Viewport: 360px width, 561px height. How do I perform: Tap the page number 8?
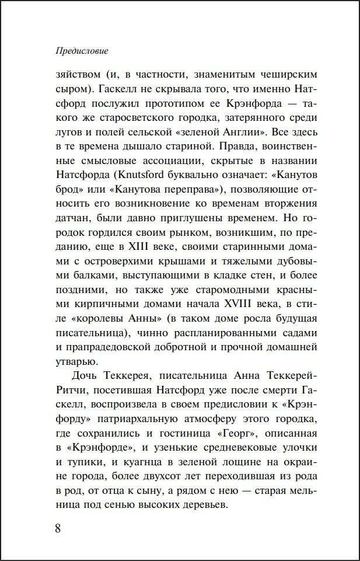click(x=58, y=529)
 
